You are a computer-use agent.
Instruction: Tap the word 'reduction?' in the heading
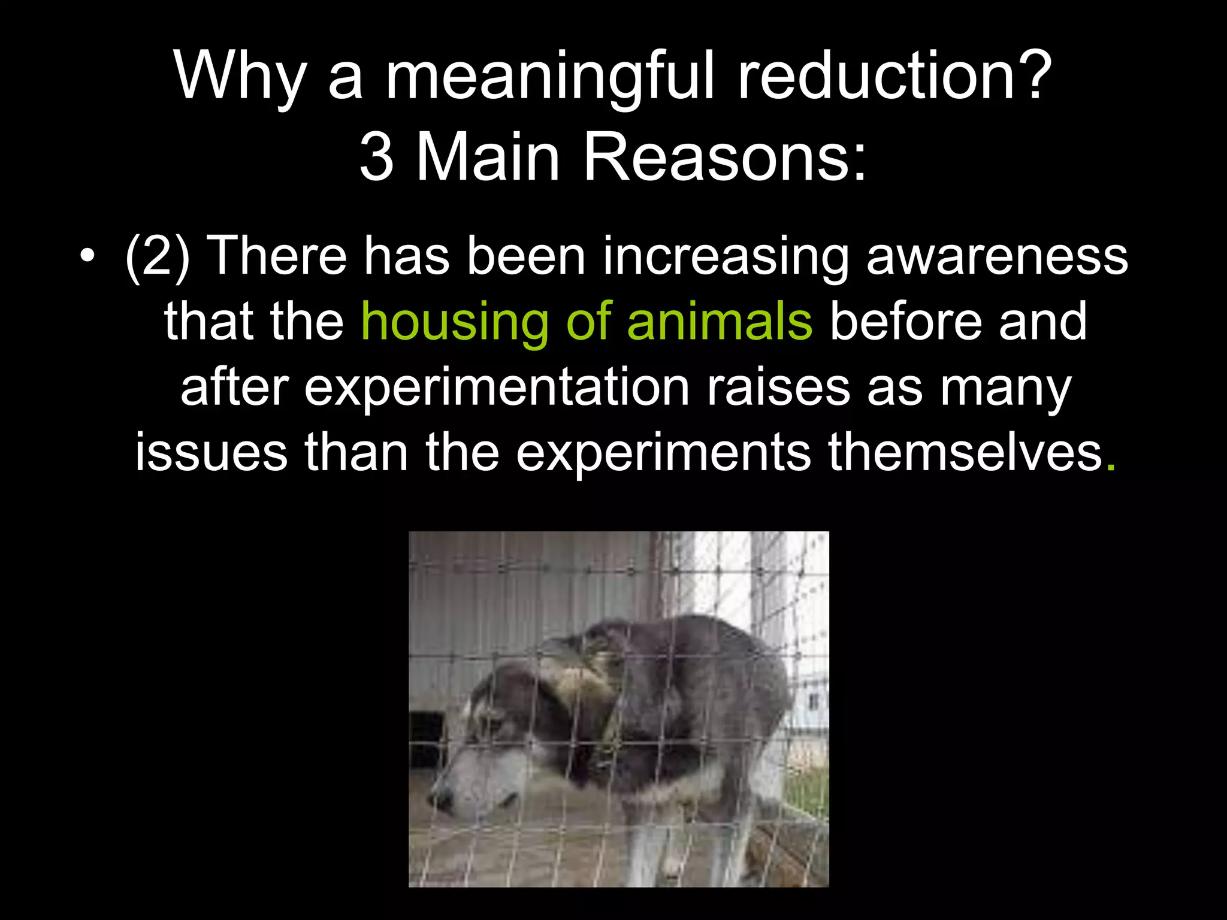pyautogui.click(x=894, y=77)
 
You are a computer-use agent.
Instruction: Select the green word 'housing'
pyautogui.click(x=455, y=323)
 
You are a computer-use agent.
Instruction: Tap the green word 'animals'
pyautogui.click(x=720, y=322)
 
